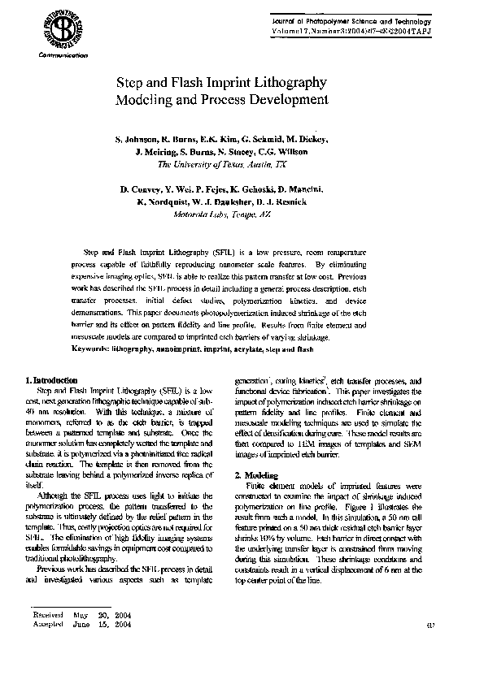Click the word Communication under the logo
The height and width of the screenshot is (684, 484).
62,55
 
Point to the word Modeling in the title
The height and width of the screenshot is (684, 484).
151,100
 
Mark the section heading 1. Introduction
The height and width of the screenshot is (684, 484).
53,380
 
